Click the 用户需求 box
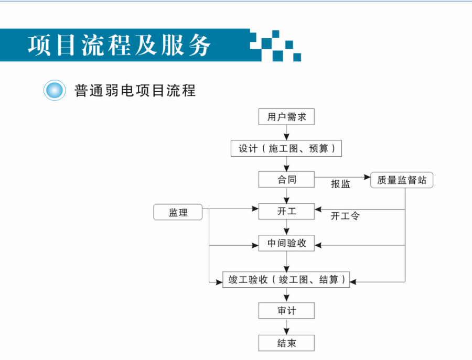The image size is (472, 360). [286, 117]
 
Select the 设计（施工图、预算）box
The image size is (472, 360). [286, 148]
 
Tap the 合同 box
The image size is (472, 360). [286, 180]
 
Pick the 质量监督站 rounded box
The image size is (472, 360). [402, 180]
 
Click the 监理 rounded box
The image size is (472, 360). [178, 212]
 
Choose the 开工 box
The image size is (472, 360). [286, 211]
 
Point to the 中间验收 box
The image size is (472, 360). [286, 243]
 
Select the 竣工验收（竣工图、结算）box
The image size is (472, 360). [286, 279]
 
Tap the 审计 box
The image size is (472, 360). [286, 310]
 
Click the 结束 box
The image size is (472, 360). [286, 343]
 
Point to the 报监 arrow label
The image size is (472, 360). [340, 184]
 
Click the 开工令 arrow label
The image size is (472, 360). [345, 216]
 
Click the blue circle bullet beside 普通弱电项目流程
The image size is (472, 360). [55, 90]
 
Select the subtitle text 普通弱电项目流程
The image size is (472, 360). [135, 91]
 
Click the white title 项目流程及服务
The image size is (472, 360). [119, 45]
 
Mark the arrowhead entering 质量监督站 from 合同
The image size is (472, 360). [367, 177]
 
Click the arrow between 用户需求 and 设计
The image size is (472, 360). [286, 133]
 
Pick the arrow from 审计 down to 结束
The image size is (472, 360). [286, 326]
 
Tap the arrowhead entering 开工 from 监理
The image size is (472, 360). [255, 209]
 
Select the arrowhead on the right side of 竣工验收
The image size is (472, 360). [353, 282]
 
